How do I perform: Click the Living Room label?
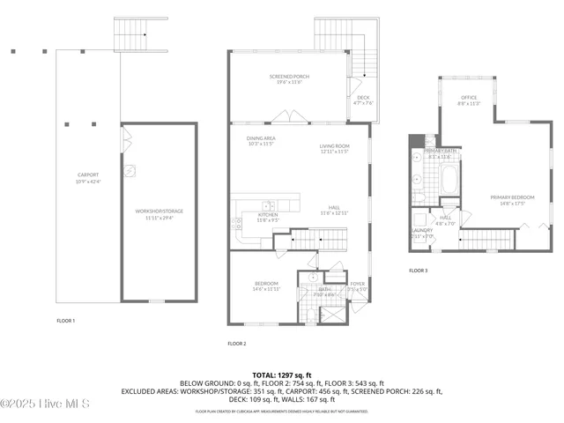[335, 148]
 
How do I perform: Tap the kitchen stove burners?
[237, 224]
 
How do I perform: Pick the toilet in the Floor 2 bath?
[312, 277]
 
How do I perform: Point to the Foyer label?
[357, 285]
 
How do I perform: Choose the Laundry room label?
[422, 234]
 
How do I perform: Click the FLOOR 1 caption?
[65, 320]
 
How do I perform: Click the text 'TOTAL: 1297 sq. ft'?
[282, 374]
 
